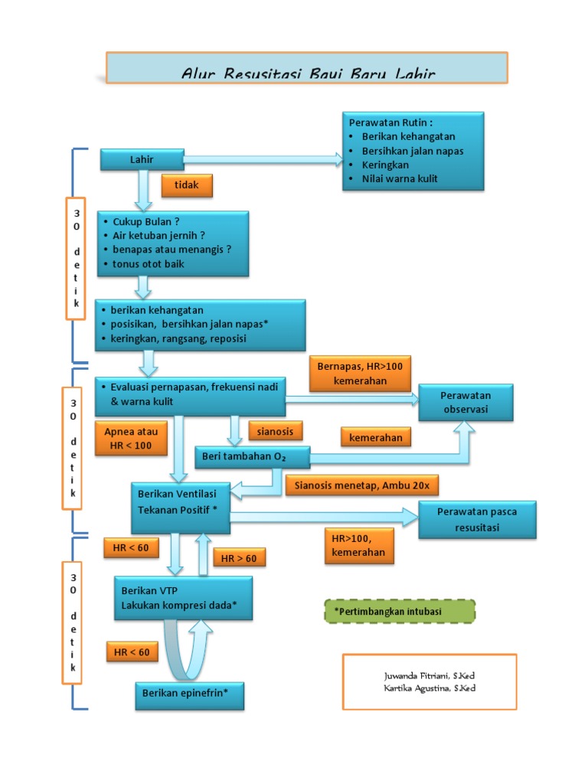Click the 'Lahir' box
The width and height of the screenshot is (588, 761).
(x=142, y=159)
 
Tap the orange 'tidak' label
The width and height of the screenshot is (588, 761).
(x=186, y=185)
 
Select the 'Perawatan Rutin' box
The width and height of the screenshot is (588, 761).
(x=412, y=151)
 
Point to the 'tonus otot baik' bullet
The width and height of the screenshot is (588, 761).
(x=148, y=264)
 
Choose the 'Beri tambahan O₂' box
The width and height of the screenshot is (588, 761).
(x=252, y=457)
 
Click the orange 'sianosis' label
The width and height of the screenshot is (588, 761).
(x=276, y=430)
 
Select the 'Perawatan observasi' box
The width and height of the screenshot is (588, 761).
(x=465, y=403)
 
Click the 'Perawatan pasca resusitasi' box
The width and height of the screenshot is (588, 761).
(x=477, y=520)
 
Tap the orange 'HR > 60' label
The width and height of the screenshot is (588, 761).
(x=240, y=558)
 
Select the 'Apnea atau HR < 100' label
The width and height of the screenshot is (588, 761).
(x=131, y=438)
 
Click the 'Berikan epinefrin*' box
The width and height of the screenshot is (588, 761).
(x=190, y=694)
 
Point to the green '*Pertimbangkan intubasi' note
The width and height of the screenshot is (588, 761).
(x=399, y=612)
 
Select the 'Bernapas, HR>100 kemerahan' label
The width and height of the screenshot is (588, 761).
(x=360, y=374)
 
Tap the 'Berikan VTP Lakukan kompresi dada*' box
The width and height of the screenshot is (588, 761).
(x=182, y=597)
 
